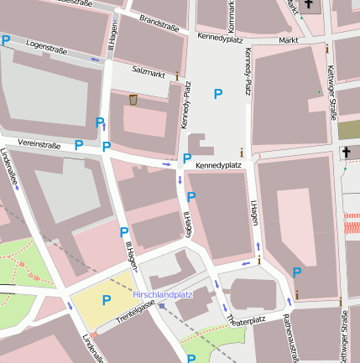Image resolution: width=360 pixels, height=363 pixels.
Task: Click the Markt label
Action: coord(289,39)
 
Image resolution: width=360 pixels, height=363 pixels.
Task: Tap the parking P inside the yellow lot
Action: coord(107,299)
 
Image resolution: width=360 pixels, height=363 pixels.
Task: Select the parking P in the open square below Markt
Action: coord(218,94)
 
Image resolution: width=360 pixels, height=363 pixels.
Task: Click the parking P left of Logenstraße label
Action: coord(7,39)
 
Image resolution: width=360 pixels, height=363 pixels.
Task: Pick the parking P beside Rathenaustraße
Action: coord(297,272)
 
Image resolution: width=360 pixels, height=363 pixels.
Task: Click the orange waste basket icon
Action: coord(133,100)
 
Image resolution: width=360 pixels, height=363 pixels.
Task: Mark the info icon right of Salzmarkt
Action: coord(177,76)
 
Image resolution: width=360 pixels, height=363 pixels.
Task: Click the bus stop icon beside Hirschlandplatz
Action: coord(162,306)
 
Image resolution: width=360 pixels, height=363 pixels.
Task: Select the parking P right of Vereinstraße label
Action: coord(79,145)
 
